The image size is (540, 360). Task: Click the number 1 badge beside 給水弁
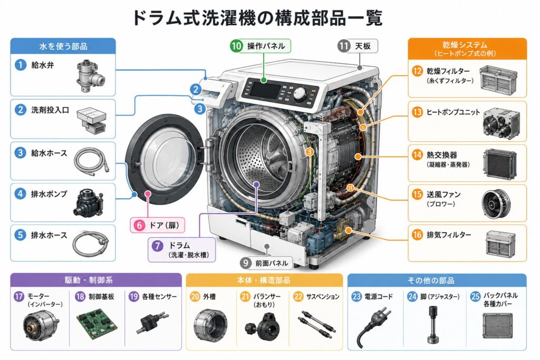click(21, 65)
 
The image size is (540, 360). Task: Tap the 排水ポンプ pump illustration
click(89, 202)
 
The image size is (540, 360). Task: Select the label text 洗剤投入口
click(50, 110)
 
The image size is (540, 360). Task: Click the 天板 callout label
click(358, 46)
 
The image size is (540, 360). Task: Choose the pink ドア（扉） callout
click(158, 226)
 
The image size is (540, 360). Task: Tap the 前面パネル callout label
click(266, 264)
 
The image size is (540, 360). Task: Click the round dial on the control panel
click(300, 94)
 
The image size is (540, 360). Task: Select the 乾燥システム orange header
click(467, 48)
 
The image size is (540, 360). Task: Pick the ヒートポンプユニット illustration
click(501, 122)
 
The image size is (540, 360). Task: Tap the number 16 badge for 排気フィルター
click(417, 235)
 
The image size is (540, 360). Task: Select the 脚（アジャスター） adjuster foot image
click(433, 324)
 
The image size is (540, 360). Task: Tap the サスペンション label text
click(323, 296)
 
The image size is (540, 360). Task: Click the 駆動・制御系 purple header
click(96, 280)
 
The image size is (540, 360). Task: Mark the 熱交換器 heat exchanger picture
click(500, 164)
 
